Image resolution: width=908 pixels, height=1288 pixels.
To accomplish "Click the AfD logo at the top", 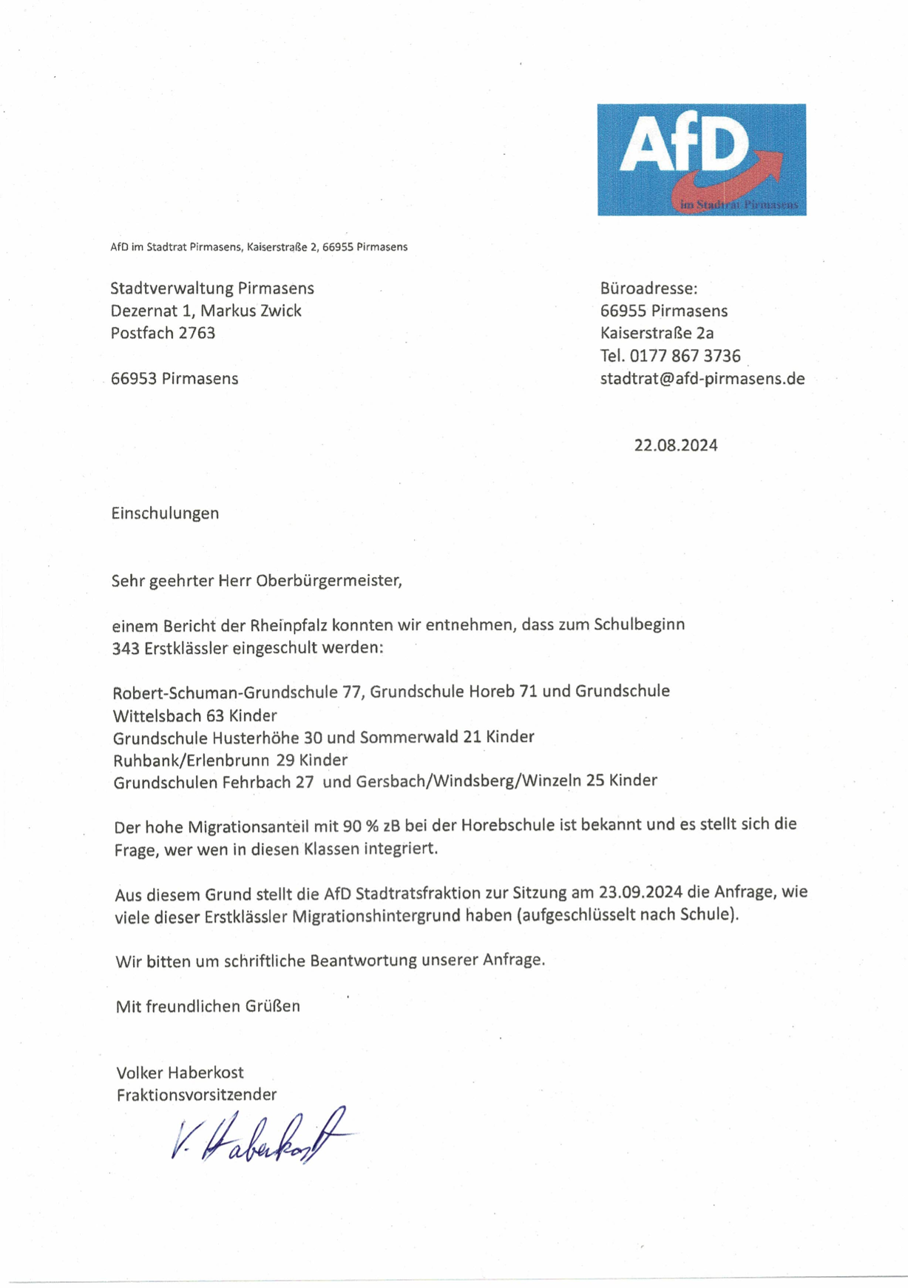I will [x=701, y=159].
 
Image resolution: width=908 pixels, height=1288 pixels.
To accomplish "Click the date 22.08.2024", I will [x=675, y=445].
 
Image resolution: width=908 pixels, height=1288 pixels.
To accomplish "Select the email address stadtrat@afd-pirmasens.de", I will [x=702, y=379].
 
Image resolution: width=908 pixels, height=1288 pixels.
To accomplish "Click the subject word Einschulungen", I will [x=165, y=513].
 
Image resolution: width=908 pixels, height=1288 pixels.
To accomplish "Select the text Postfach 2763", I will [x=163, y=333].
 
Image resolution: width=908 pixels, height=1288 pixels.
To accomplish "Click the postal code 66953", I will [x=134, y=379].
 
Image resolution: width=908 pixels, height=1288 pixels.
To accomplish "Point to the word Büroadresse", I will [x=648, y=289].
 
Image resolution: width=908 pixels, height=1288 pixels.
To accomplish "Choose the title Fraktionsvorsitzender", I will [x=196, y=1094].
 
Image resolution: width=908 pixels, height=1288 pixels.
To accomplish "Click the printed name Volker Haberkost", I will [x=180, y=1072].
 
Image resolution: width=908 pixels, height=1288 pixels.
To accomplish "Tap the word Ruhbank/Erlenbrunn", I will [x=191, y=760].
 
